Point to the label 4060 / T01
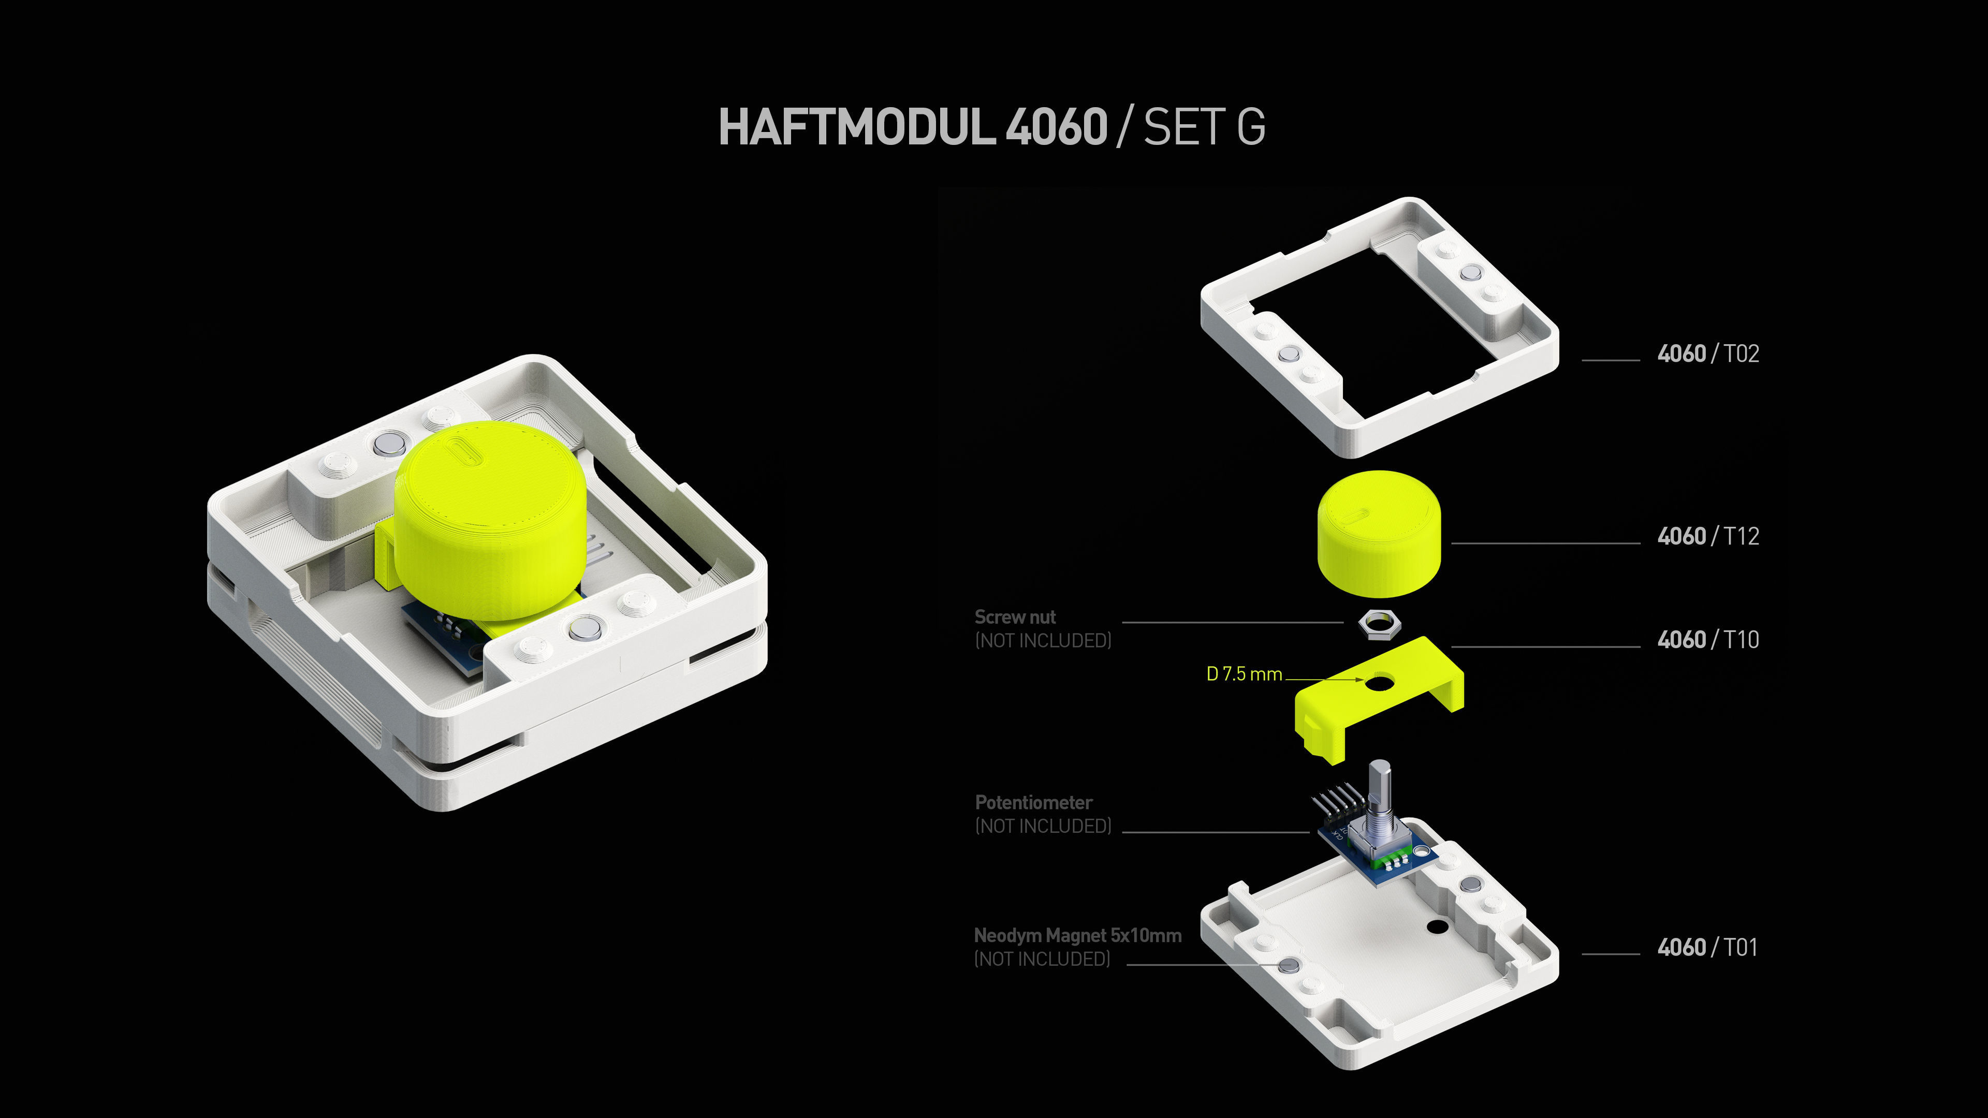[1707, 948]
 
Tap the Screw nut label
[1015, 617]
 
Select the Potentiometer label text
[1033, 802]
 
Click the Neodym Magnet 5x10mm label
[1077, 936]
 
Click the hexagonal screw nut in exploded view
[1378, 623]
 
